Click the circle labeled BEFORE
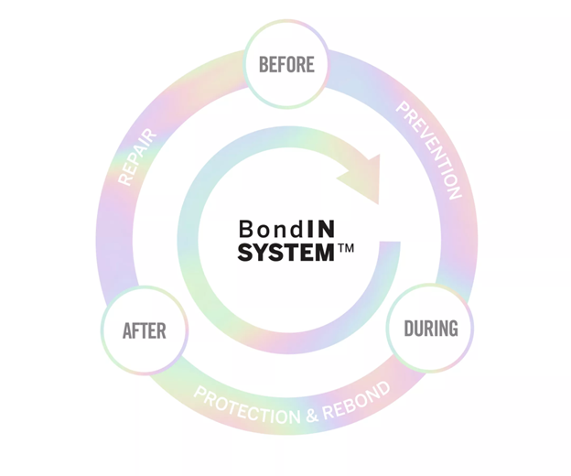click(x=286, y=64)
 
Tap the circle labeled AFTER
click(x=144, y=330)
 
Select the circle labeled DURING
click(x=431, y=328)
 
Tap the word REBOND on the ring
click(x=358, y=396)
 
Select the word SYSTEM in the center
click(x=285, y=251)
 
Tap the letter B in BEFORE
click(x=264, y=64)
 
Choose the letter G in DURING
click(x=452, y=328)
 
